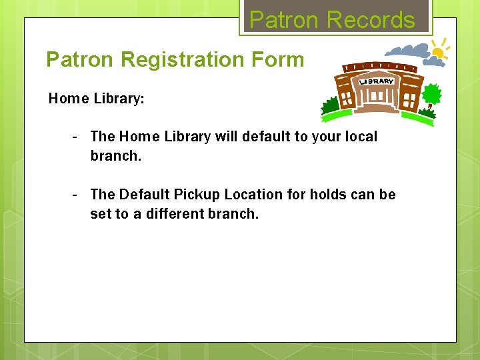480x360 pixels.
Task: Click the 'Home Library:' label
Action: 97,99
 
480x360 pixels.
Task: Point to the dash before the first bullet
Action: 76,136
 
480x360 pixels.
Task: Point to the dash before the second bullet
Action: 76,194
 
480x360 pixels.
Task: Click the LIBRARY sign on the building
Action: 377,81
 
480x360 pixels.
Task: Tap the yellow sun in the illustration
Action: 439,49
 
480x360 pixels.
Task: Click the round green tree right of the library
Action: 432,95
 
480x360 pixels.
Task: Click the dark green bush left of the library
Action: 330,106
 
